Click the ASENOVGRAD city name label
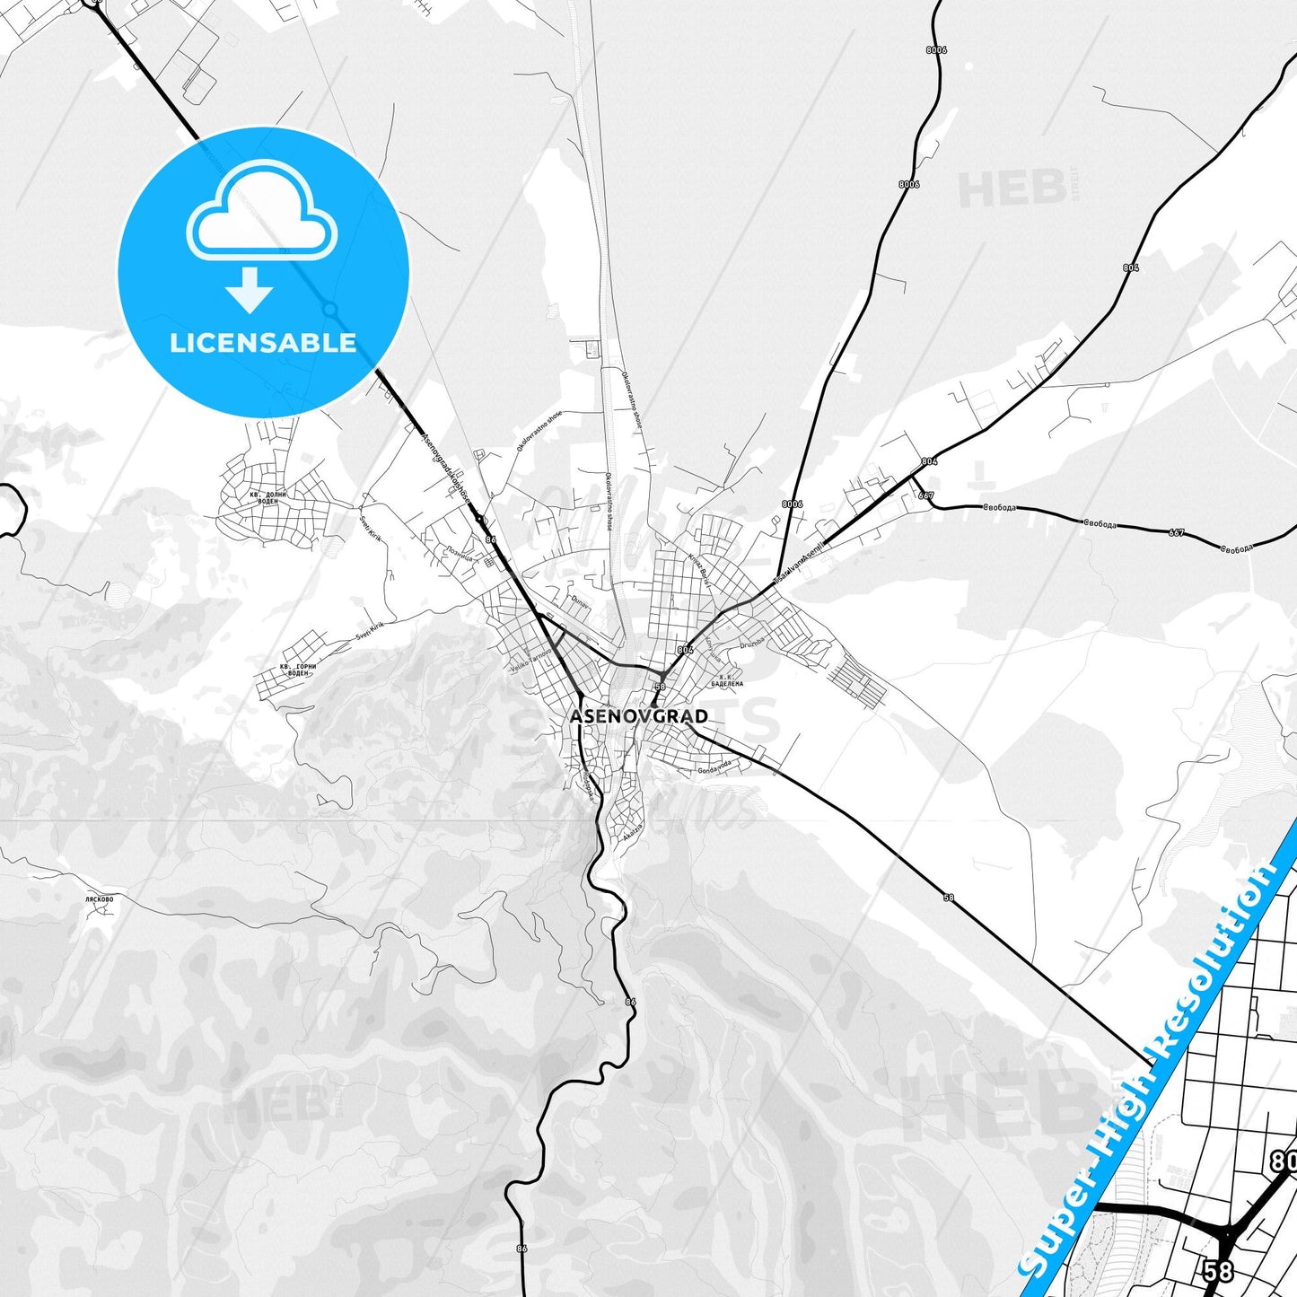tap(638, 716)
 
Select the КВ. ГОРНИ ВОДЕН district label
tap(298, 670)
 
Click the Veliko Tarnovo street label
tap(530, 662)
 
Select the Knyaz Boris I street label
tap(700, 569)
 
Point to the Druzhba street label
tap(751, 643)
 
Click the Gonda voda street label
tap(714, 766)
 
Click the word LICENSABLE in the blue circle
tap(263, 343)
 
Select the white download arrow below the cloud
tap(250, 289)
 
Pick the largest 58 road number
tap(1219, 1271)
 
